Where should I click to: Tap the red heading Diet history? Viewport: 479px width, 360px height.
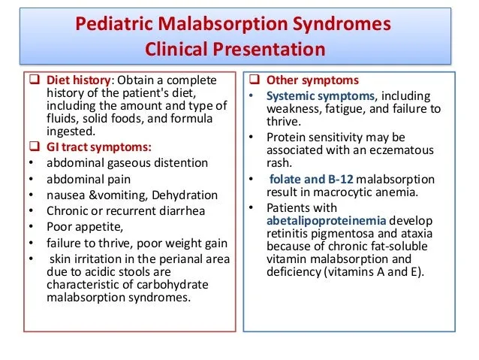77,80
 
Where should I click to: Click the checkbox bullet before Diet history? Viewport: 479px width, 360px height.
35,80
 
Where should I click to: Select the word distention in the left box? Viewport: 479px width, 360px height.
181,163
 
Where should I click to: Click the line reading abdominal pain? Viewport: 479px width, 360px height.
89,179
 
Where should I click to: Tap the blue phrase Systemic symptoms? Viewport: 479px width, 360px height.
310,95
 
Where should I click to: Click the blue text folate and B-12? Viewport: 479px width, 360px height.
311,179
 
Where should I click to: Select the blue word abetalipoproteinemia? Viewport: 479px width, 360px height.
325,220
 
